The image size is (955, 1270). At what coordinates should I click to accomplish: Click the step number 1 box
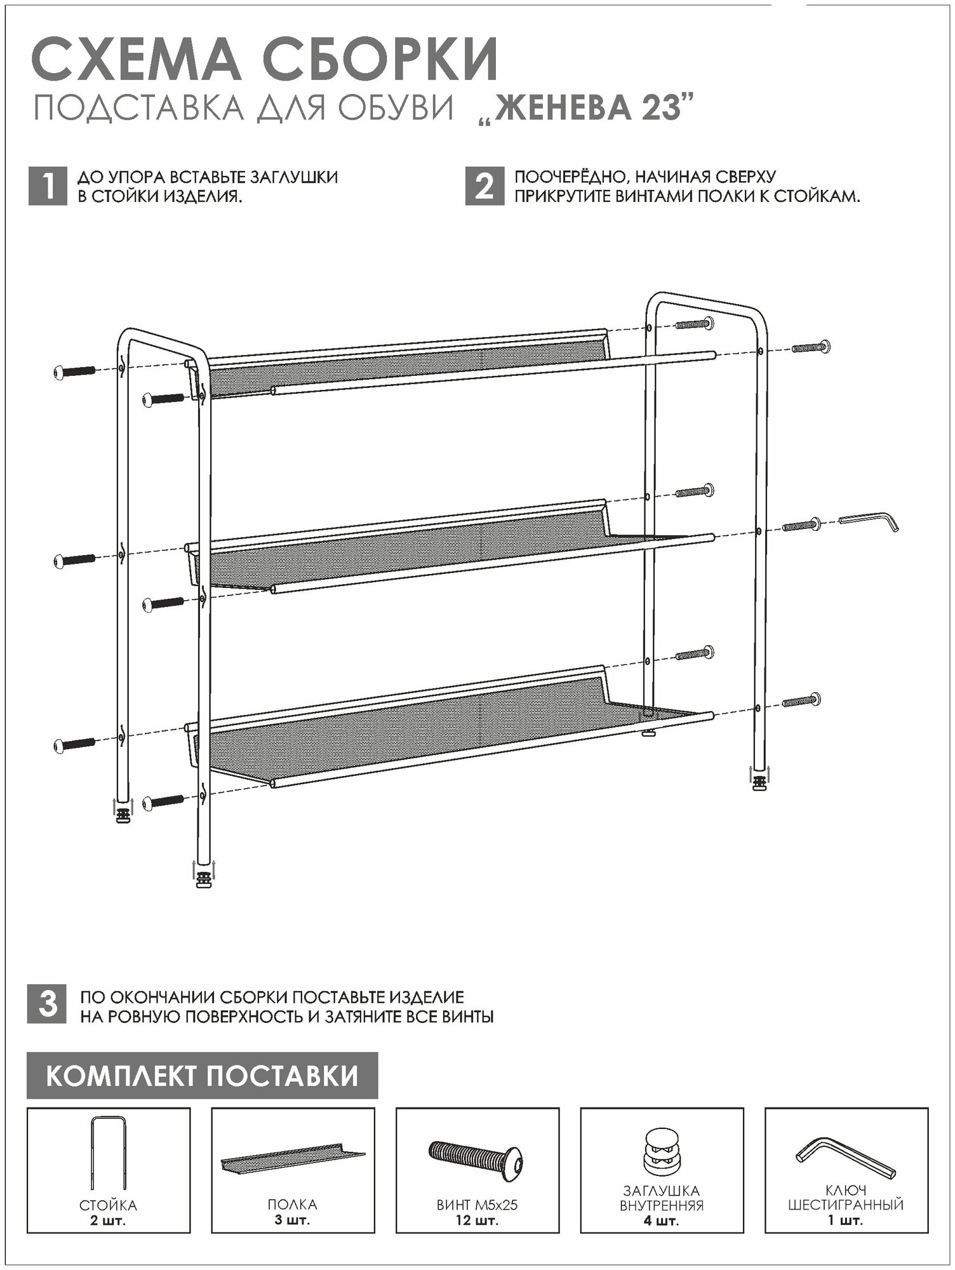click(x=48, y=187)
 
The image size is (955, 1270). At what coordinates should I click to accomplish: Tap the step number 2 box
click(x=484, y=187)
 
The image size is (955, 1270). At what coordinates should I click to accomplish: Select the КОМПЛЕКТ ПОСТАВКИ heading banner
click(x=202, y=1076)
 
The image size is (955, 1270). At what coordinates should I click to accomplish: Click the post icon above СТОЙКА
click(x=109, y=1152)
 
